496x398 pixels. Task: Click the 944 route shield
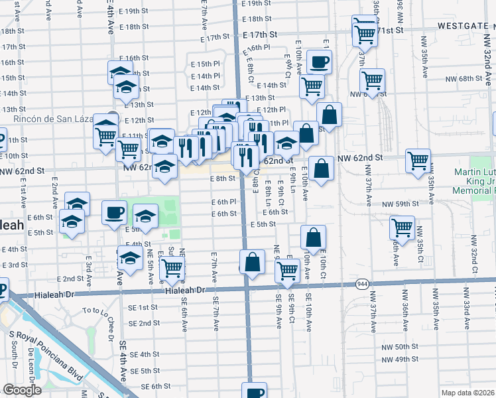click(x=361, y=284)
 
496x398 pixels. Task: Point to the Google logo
click(x=22, y=390)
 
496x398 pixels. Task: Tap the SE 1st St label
click(x=144, y=307)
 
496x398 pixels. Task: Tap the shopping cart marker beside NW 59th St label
click(x=402, y=228)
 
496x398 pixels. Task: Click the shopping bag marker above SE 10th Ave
click(x=313, y=237)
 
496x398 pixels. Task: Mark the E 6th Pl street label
click(x=223, y=202)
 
